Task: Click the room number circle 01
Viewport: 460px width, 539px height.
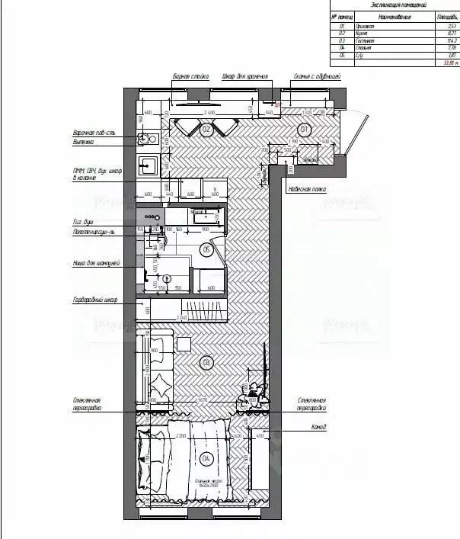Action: pyautogui.click(x=305, y=130)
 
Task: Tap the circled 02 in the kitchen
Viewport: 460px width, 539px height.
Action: pyautogui.click(x=205, y=130)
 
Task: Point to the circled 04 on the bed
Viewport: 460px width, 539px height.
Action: pyautogui.click(x=206, y=458)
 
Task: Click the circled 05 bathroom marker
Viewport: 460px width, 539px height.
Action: pyautogui.click(x=206, y=249)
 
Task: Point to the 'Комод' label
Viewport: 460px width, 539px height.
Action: pyautogui.click(x=320, y=427)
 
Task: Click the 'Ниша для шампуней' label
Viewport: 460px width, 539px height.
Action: pyautogui.click(x=92, y=265)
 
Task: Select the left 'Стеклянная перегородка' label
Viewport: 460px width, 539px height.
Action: pyautogui.click(x=89, y=403)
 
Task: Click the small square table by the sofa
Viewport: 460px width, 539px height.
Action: pyautogui.click(x=184, y=345)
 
